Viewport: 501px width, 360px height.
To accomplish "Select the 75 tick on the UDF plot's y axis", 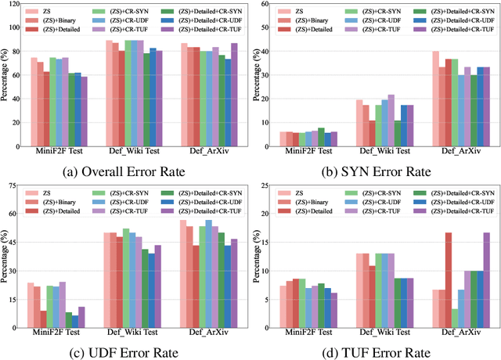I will click(x=12, y=185).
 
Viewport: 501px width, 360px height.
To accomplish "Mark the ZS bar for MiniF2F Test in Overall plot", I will click(x=34, y=103).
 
